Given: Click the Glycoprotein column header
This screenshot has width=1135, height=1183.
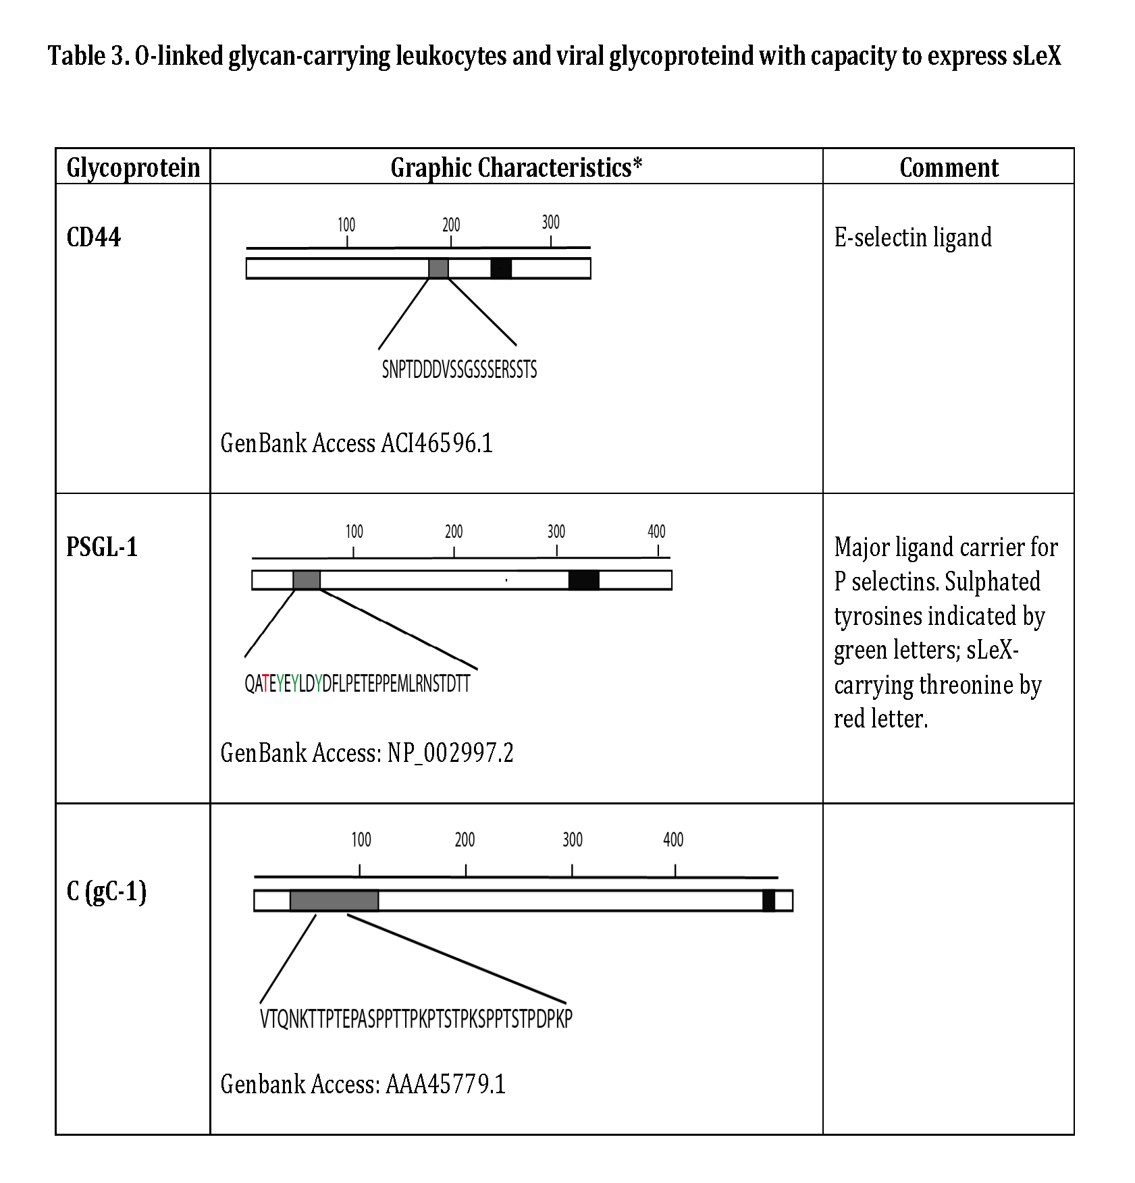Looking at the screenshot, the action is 133,167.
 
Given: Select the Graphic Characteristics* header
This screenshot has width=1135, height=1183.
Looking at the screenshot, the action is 516,167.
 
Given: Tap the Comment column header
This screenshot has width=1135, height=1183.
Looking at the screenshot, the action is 949,167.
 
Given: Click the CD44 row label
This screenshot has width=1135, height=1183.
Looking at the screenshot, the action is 94,238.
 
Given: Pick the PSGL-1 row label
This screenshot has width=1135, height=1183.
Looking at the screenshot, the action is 102,547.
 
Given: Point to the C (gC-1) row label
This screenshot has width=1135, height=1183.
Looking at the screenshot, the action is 107,891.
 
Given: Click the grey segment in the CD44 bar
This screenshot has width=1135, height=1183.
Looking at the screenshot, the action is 439,269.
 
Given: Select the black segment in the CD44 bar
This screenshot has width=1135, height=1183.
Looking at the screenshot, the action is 501,269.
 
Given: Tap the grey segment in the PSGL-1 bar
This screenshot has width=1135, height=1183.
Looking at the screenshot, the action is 307,580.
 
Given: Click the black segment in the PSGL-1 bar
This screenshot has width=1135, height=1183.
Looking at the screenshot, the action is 584,580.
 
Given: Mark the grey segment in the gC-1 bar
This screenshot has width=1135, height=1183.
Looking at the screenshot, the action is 334,900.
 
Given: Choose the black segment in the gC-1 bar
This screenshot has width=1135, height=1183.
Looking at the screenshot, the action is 768,900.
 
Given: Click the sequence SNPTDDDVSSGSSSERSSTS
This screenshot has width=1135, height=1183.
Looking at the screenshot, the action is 459,370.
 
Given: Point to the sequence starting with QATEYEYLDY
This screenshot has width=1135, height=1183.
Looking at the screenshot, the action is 357,684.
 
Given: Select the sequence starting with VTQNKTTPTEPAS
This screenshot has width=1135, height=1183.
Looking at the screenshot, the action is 416,1018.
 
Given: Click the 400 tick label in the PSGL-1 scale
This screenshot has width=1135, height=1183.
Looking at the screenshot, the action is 656,532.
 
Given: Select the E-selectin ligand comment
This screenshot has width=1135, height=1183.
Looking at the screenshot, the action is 913,238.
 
